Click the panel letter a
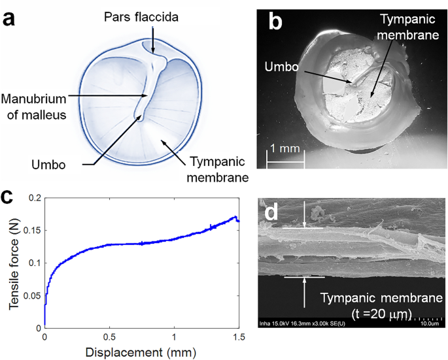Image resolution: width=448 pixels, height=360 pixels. pos(11,18)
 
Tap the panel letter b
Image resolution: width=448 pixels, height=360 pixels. pos(276,22)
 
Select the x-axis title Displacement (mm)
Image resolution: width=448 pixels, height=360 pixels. pos(141,352)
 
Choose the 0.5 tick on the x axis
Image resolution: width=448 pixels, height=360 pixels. pos(109,336)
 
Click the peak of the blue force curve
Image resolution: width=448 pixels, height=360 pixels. pos(234,217)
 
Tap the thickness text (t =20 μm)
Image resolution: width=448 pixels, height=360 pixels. pos(366,314)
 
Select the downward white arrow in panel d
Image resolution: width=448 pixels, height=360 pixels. pos(305,215)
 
